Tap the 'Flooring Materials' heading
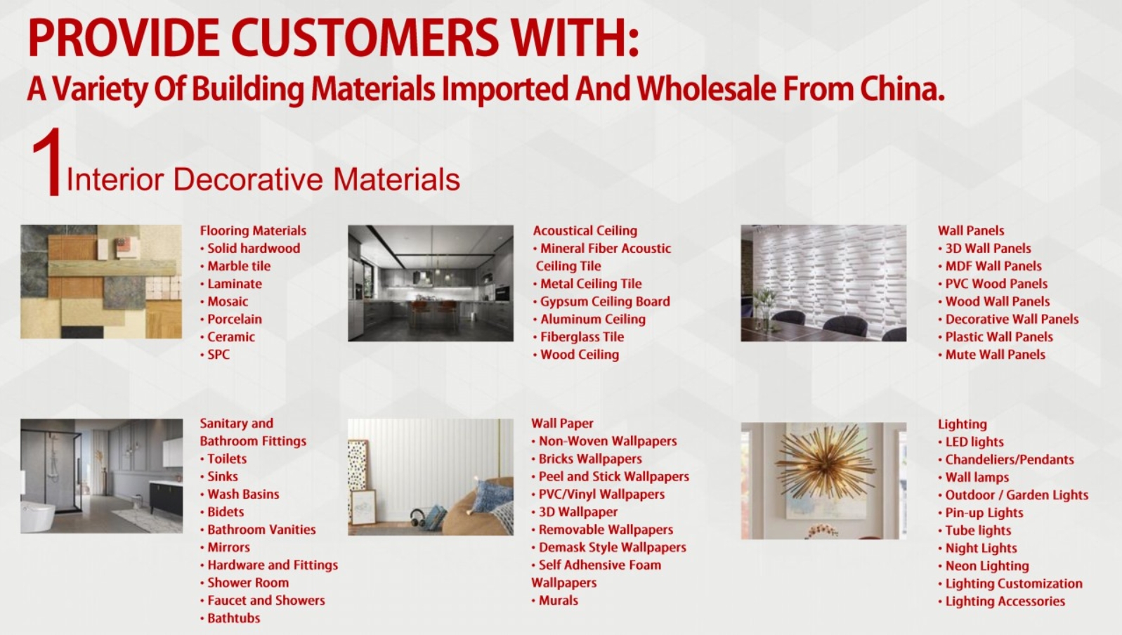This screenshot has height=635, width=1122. click(253, 231)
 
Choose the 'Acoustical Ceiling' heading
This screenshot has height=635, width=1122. click(585, 231)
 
